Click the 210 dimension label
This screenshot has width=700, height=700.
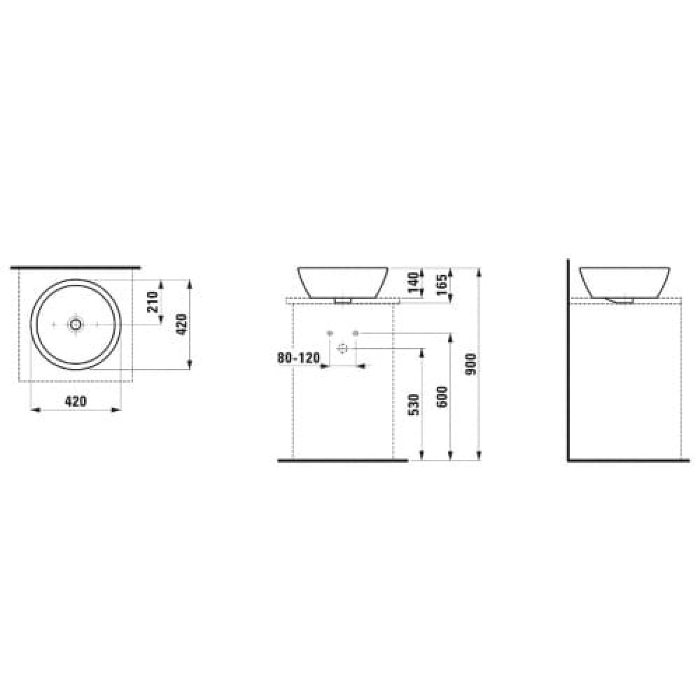pos(153,302)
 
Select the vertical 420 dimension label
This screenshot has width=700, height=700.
pos(182,325)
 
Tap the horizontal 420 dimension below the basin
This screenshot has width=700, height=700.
pos(76,401)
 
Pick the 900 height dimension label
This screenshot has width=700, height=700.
pos(471,364)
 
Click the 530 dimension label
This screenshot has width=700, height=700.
pos(414,405)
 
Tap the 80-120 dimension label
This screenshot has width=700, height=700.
pos(299,358)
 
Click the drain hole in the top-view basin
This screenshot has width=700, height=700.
pos(76,324)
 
